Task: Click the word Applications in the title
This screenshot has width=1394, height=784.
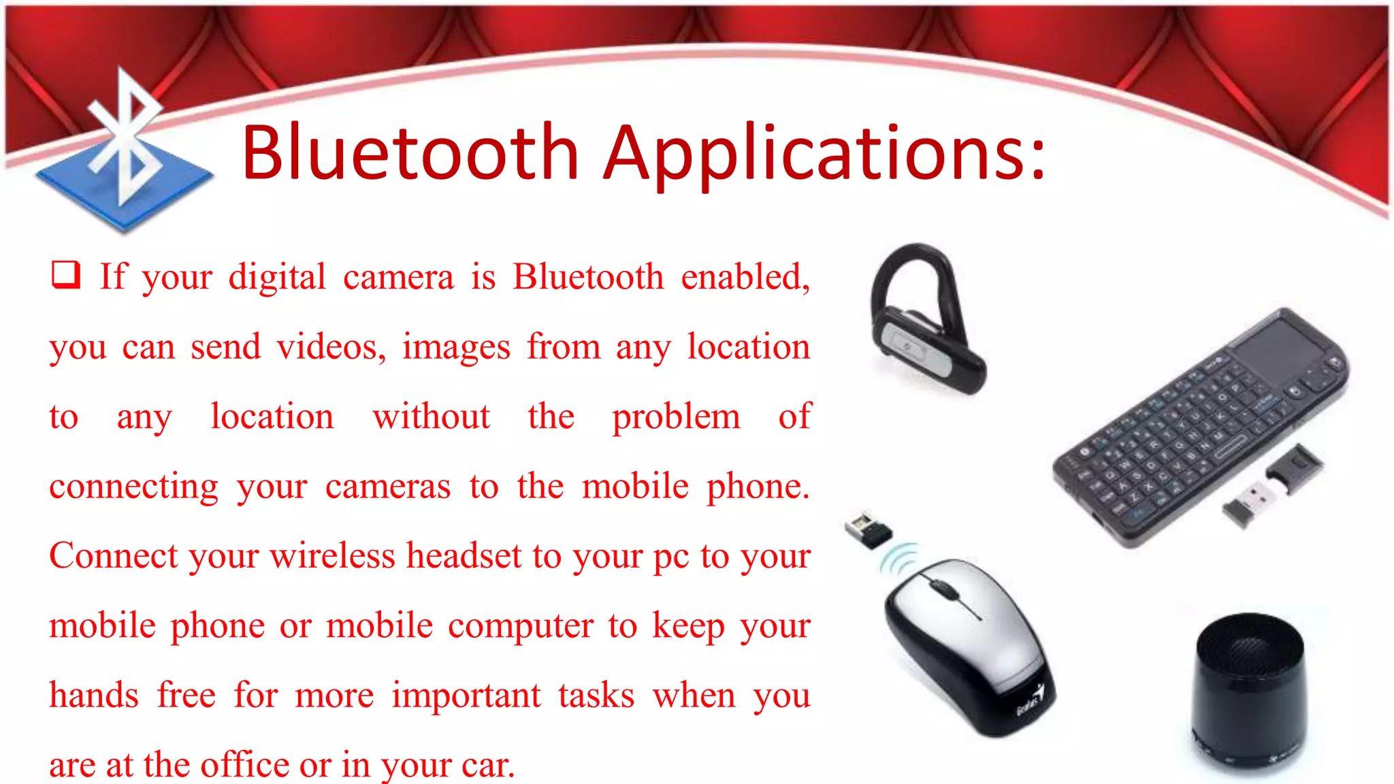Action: coord(825,154)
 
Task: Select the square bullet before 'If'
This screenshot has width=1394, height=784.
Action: coord(66,275)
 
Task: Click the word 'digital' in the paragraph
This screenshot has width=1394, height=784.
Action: coord(277,278)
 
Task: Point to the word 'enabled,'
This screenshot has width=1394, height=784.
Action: coord(745,276)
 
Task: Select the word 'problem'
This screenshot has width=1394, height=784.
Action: coord(675,416)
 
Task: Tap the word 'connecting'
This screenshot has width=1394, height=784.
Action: coord(134,487)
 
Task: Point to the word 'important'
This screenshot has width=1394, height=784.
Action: coord(466,696)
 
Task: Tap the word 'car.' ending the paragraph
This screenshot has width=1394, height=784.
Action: coord(487,765)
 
